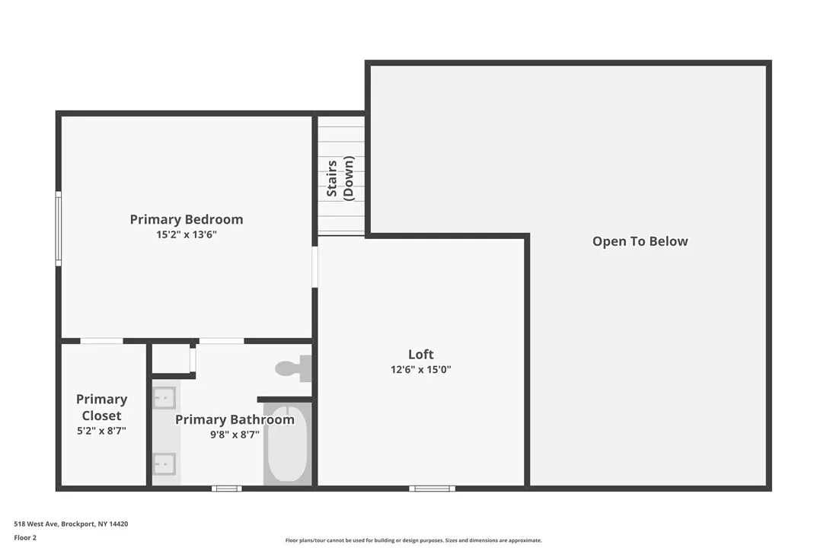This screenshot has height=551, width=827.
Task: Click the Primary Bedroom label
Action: click(x=187, y=219)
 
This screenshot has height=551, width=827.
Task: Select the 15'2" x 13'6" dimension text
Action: click(x=187, y=235)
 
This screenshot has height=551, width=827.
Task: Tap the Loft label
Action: click(x=420, y=354)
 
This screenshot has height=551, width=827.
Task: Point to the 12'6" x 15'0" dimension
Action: click(x=420, y=370)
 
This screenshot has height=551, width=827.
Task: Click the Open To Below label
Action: click(x=640, y=241)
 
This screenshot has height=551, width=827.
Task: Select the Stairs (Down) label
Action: click(x=340, y=178)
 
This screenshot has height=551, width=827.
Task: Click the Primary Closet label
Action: click(x=101, y=407)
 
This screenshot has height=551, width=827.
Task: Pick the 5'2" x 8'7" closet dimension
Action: click(x=101, y=431)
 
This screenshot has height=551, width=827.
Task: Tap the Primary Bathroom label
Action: click(x=235, y=419)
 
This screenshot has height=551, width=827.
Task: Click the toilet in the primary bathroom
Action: click(x=292, y=368)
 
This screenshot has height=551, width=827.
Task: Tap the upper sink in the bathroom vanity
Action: click(x=164, y=397)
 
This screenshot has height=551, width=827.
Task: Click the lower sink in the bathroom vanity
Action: click(x=164, y=463)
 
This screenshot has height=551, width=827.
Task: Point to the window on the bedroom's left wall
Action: click(x=58, y=228)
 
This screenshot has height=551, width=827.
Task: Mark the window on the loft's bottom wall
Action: click(x=432, y=489)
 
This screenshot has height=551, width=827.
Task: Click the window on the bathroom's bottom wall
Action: click(x=226, y=489)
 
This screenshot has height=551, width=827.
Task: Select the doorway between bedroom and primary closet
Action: click(x=101, y=341)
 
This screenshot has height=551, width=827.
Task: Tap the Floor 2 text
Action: click(x=25, y=537)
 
